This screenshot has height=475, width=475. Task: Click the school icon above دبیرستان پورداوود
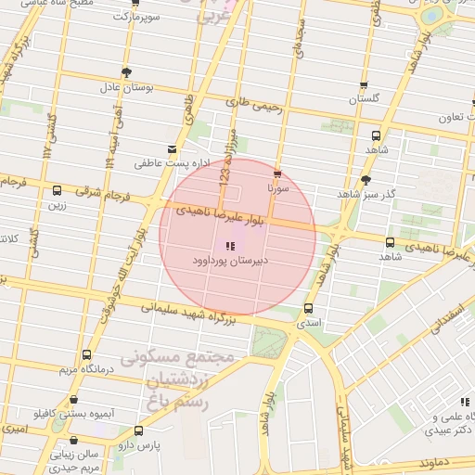[229, 246]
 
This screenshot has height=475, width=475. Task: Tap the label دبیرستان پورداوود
[229, 262]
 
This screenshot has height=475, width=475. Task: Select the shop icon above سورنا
[276, 173]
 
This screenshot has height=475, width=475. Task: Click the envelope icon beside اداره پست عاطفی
[171, 149]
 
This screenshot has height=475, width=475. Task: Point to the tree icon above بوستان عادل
[126, 72]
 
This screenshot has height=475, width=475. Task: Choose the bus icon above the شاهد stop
[376, 135]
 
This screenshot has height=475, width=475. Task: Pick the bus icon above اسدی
[308, 309]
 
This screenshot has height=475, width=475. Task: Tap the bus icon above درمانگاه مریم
[86, 354]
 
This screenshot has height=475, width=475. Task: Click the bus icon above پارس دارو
[138, 430]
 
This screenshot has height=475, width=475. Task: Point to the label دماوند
[435, 461]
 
